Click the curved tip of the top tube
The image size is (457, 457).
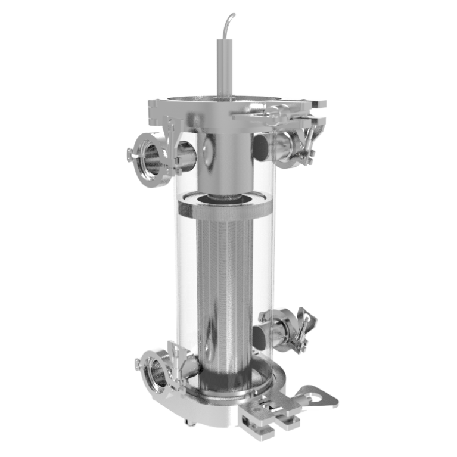point(231,16)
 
